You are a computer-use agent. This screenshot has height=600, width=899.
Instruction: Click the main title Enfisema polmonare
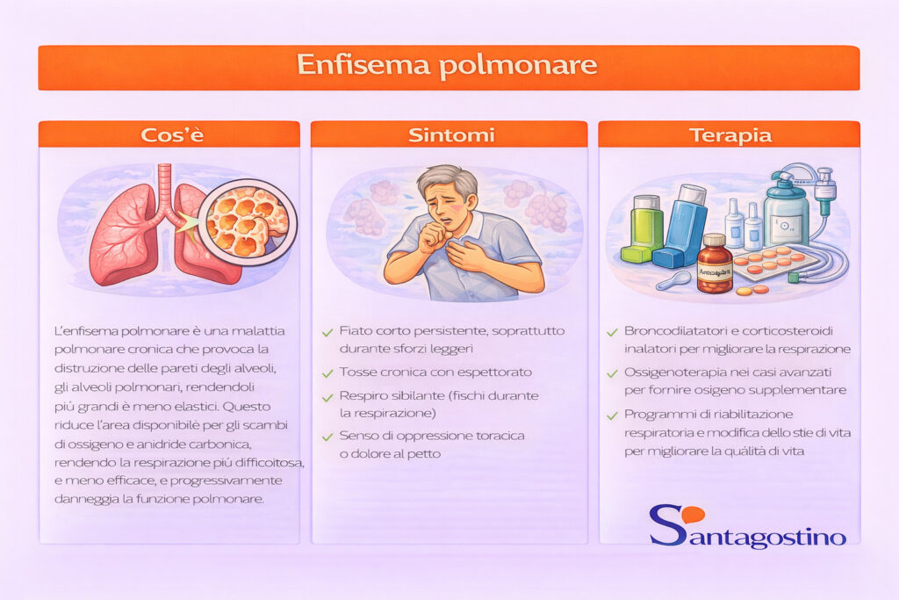click(x=448, y=66)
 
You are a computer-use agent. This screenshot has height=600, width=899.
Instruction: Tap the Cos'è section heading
click(x=169, y=135)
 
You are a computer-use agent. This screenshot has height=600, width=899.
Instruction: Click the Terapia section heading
click(x=730, y=135)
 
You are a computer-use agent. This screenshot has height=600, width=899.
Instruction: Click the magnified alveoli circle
click(x=245, y=221)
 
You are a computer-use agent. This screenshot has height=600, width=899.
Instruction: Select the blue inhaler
click(x=686, y=226)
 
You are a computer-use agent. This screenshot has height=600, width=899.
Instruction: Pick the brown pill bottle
click(x=714, y=265)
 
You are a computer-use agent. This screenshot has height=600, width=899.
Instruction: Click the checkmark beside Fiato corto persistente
click(x=327, y=332)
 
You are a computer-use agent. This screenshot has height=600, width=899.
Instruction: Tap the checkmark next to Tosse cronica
click(x=327, y=372)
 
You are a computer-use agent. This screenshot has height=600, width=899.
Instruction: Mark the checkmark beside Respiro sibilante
click(x=327, y=396)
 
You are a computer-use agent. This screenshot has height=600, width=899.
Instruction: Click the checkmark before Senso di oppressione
click(x=327, y=436)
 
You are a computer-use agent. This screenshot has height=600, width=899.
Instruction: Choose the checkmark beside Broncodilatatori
click(x=612, y=332)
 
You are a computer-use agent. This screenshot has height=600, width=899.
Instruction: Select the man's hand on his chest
click(x=471, y=254)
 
